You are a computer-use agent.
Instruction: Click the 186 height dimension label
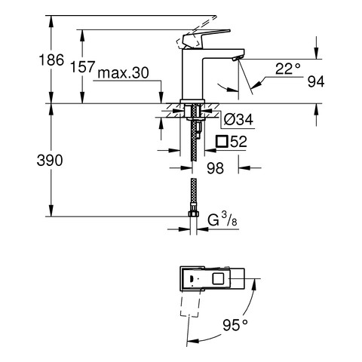pyautogui.click(x=51, y=60)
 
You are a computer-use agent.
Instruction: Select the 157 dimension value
pyautogui.click(x=83, y=67)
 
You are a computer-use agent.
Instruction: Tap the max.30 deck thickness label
pyautogui.click(x=123, y=73)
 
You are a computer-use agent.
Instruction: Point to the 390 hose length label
pyautogui.click(x=50, y=160)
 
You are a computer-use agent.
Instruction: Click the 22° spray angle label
pyautogui.click(x=288, y=69)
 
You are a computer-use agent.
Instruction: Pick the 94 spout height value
pyautogui.click(x=316, y=81)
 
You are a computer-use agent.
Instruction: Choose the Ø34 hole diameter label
pyautogui.click(x=238, y=119)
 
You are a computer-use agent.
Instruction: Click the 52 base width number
pyautogui.click(x=239, y=141)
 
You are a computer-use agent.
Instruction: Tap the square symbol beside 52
pyautogui.click(x=222, y=141)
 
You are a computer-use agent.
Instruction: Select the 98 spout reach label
pyautogui.click(x=216, y=168)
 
